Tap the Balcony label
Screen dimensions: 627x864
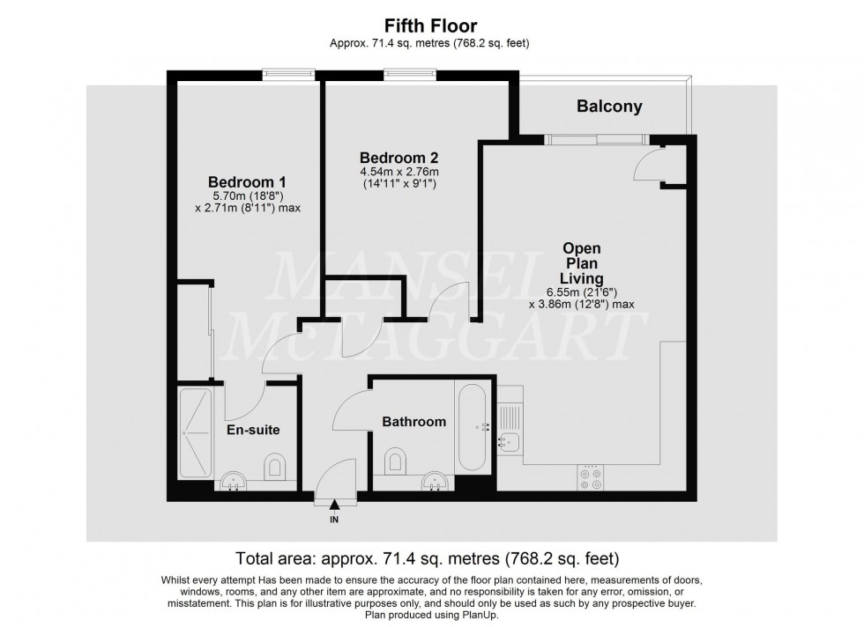[609, 107]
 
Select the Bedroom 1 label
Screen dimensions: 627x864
[247, 182]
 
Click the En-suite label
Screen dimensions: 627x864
[254, 430]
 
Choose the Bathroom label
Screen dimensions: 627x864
[413, 422]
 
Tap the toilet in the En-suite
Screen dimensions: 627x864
[275, 464]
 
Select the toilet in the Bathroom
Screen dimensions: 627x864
[396, 458]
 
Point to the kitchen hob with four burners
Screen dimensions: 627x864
[590, 476]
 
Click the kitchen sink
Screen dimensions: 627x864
[510, 441]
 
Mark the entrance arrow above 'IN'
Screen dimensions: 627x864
[334, 505]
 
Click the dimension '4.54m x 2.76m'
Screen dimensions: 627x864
[399, 172]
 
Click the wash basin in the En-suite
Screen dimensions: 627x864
[232, 481]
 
